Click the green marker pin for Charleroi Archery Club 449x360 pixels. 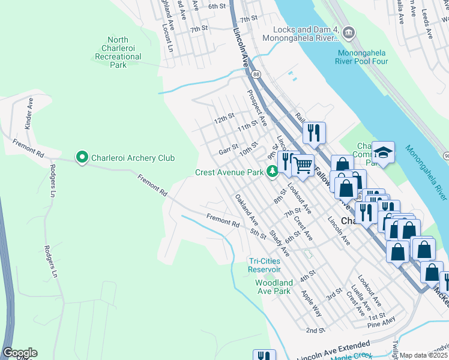pyautogui.click(x=82, y=158)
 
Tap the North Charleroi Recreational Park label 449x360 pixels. pyautogui.click(x=118, y=53)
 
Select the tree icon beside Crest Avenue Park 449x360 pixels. pyautogui.click(x=273, y=172)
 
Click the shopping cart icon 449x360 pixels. pyautogui.click(x=303, y=164)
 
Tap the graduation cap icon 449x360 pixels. pyautogui.click(x=383, y=151)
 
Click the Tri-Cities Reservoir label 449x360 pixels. pyautogui.click(x=265, y=265)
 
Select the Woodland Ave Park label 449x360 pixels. pyautogui.click(x=274, y=287)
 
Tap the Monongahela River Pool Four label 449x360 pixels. pyautogui.click(x=361, y=57)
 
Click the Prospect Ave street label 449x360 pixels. pyautogui.click(x=257, y=104)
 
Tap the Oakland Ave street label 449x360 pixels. pyautogui.click(x=246, y=209)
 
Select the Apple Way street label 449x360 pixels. pyautogui.click(x=311, y=304)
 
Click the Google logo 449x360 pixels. pyautogui.click(x=20, y=353)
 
